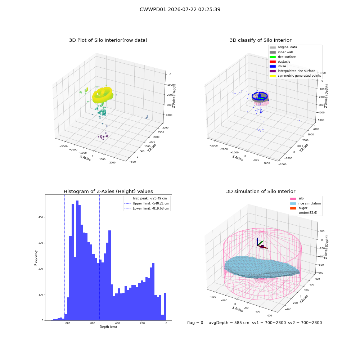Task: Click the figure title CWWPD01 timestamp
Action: click(180, 9)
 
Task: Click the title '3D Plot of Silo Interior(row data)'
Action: click(108, 40)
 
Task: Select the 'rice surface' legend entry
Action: click(283, 57)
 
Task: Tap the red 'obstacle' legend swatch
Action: click(273, 62)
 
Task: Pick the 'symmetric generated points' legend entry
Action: click(295, 76)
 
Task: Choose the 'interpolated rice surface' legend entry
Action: click(292, 71)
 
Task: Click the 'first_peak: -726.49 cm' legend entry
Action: click(145, 198)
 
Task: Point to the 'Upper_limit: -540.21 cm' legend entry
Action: click(147, 203)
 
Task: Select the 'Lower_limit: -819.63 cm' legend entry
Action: click(147, 208)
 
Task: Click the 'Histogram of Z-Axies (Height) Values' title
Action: click(108, 192)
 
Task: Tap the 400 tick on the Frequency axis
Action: click(41, 217)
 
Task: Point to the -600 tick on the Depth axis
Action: click(92, 323)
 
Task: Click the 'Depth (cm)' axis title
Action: click(108, 327)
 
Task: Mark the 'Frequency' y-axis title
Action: click(36, 258)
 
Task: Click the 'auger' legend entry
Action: click(299, 208)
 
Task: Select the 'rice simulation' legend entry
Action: click(305, 203)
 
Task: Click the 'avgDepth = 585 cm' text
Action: click(229, 323)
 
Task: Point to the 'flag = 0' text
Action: click(195, 323)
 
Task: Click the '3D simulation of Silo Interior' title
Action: click(261, 192)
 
